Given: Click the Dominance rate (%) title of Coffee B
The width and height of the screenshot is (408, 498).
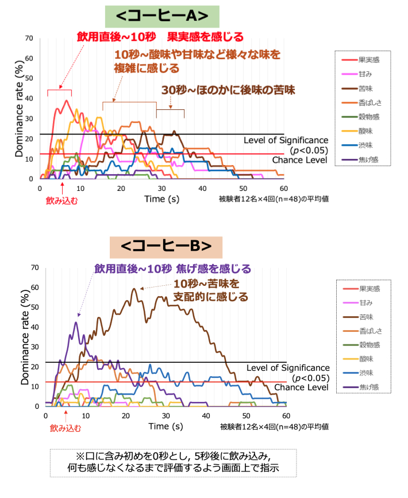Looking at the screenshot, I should (x=25, y=336).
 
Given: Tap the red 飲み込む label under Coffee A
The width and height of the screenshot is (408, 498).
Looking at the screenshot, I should (x=61, y=201).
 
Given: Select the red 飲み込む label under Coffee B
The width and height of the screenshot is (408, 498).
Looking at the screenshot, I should (x=66, y=428).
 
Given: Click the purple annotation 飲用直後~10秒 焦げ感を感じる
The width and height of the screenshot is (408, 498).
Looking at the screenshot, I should (x=172, y=269).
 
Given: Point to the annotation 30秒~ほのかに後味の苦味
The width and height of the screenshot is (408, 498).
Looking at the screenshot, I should (x=228, y=90).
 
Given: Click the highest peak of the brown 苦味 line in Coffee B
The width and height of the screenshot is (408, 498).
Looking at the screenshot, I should (x=135, y=289).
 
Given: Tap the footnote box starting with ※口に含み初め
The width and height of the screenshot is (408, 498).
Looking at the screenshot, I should (x=173, y=462).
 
